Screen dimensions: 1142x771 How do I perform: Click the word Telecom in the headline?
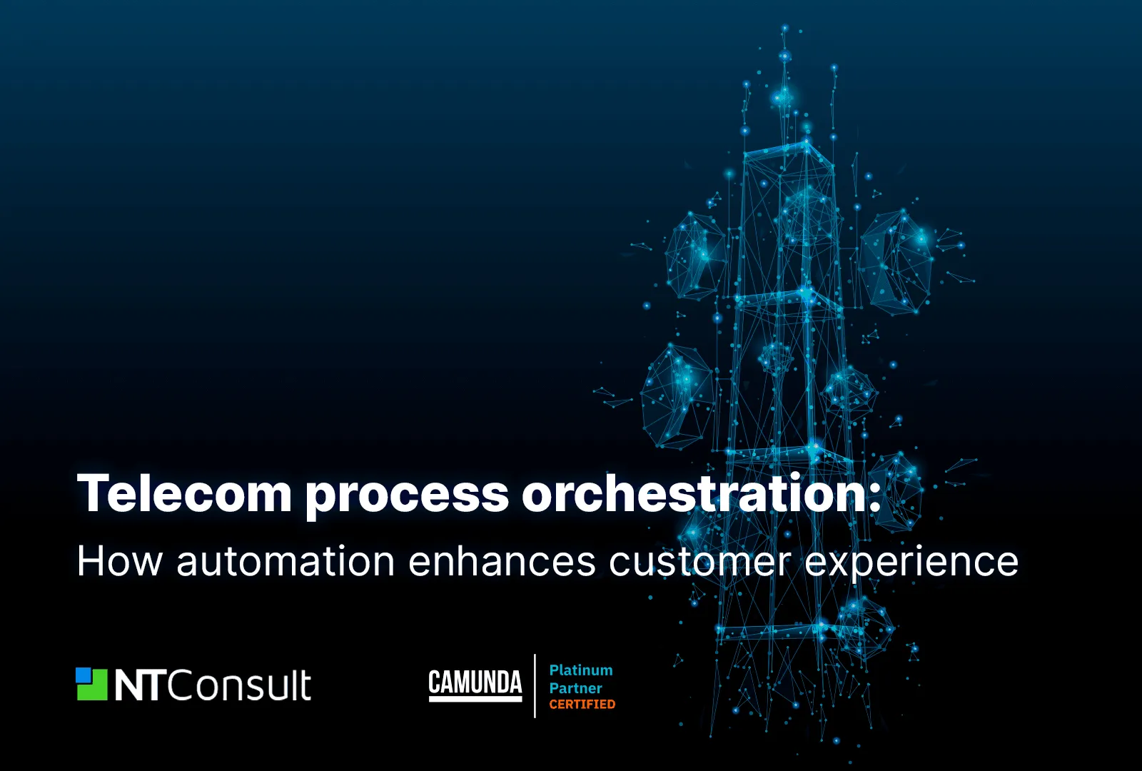tap(185, 493)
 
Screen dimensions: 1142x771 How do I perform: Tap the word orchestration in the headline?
tap(694, 492)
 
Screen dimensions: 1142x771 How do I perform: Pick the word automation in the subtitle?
tap(285, 561)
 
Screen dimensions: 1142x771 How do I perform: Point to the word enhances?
tap(502, 561)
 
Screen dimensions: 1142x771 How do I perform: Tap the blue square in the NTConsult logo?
tap(83, 675)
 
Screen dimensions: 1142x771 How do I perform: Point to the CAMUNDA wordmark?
tap(475, 682)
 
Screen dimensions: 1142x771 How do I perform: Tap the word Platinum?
tap(581, 670)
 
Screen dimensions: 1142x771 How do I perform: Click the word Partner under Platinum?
tap(575, 688)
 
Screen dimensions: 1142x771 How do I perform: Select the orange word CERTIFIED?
tap(582, 704)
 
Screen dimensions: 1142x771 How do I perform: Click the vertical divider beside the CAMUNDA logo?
tap(535, 686)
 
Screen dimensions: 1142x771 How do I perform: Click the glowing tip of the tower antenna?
tap(784, 28)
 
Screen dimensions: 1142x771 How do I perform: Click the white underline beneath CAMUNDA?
tap(475, 699)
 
